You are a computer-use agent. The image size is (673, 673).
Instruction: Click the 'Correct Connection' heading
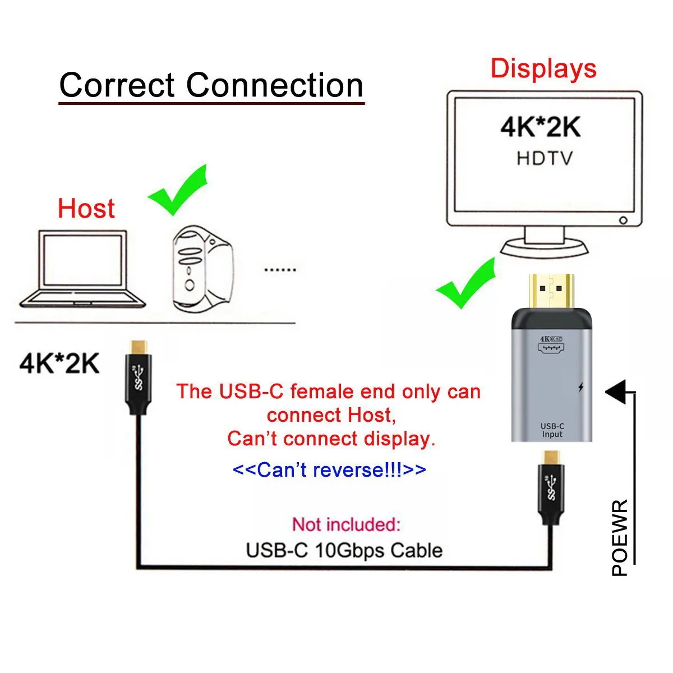(211, 85)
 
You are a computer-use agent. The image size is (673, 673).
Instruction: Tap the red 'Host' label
(86, 209)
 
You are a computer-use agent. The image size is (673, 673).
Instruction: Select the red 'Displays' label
(543, 68)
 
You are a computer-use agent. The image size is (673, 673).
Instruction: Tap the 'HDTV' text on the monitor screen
(545, 158)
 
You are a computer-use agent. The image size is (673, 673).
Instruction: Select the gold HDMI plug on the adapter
(551, 292)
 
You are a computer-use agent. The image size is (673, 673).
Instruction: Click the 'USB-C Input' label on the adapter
(552, 430)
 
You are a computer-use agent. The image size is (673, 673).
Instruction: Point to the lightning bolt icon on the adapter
(580, 388)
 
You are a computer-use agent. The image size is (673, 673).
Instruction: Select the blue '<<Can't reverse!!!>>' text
(329, 469)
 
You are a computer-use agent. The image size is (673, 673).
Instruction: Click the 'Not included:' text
(346, 524)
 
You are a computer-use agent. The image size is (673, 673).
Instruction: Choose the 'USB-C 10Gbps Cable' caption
(344, 550)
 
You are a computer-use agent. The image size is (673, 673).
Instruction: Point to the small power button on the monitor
(623, 220)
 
